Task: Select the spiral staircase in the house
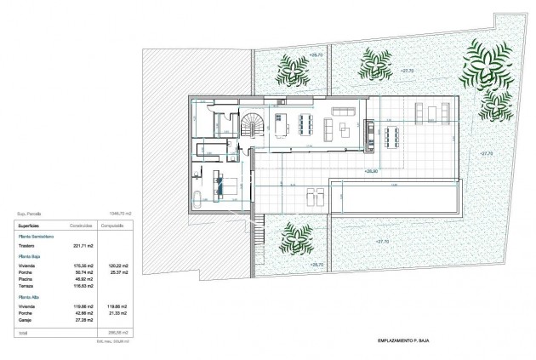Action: pyautogui.click(x=252, y=128)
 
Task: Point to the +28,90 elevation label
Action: pyautogui.click(x=371, y=171)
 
